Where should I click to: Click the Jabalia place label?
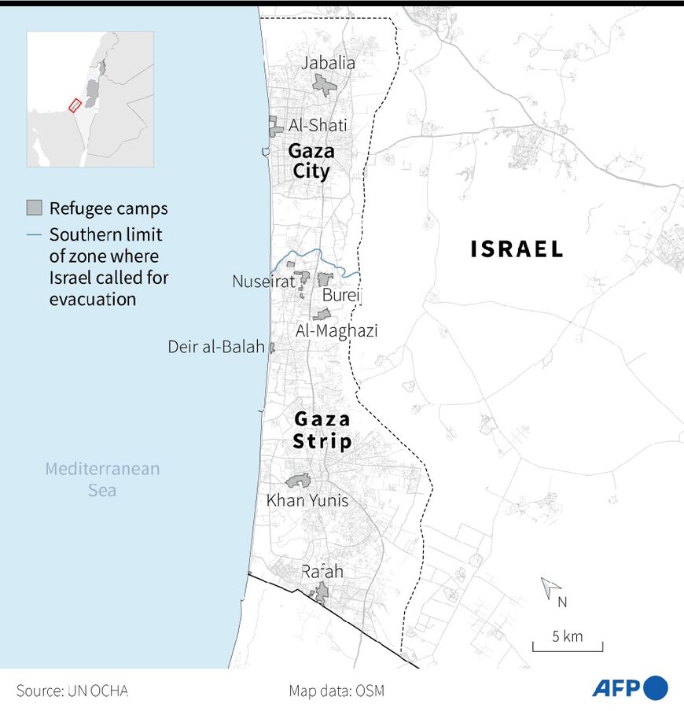(x=329, y=64)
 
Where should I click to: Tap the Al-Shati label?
(x=318, y=125)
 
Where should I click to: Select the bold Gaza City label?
(x=311, y=160)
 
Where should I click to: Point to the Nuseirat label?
(x=263, y=281)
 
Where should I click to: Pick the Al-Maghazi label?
(x=336, y=331)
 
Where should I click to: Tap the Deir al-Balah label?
(x=216, y=347)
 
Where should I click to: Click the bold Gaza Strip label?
(x=322, y=431)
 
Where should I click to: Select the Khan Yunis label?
(x=307, y=500)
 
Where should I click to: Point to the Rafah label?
(x=322, y=572)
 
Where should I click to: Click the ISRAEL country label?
(x=517, y=249)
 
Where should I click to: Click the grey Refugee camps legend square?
(x=34, y=208)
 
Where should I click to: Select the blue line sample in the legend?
(x=34, y=234)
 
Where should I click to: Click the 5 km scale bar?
(x=568, y=647)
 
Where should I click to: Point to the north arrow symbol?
(x=551, y=588)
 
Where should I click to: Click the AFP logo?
(x=630, y=687)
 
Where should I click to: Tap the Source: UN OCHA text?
(x=72, y=691)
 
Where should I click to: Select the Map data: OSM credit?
(x=336, y=691)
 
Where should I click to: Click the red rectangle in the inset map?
(x=75, y=105)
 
